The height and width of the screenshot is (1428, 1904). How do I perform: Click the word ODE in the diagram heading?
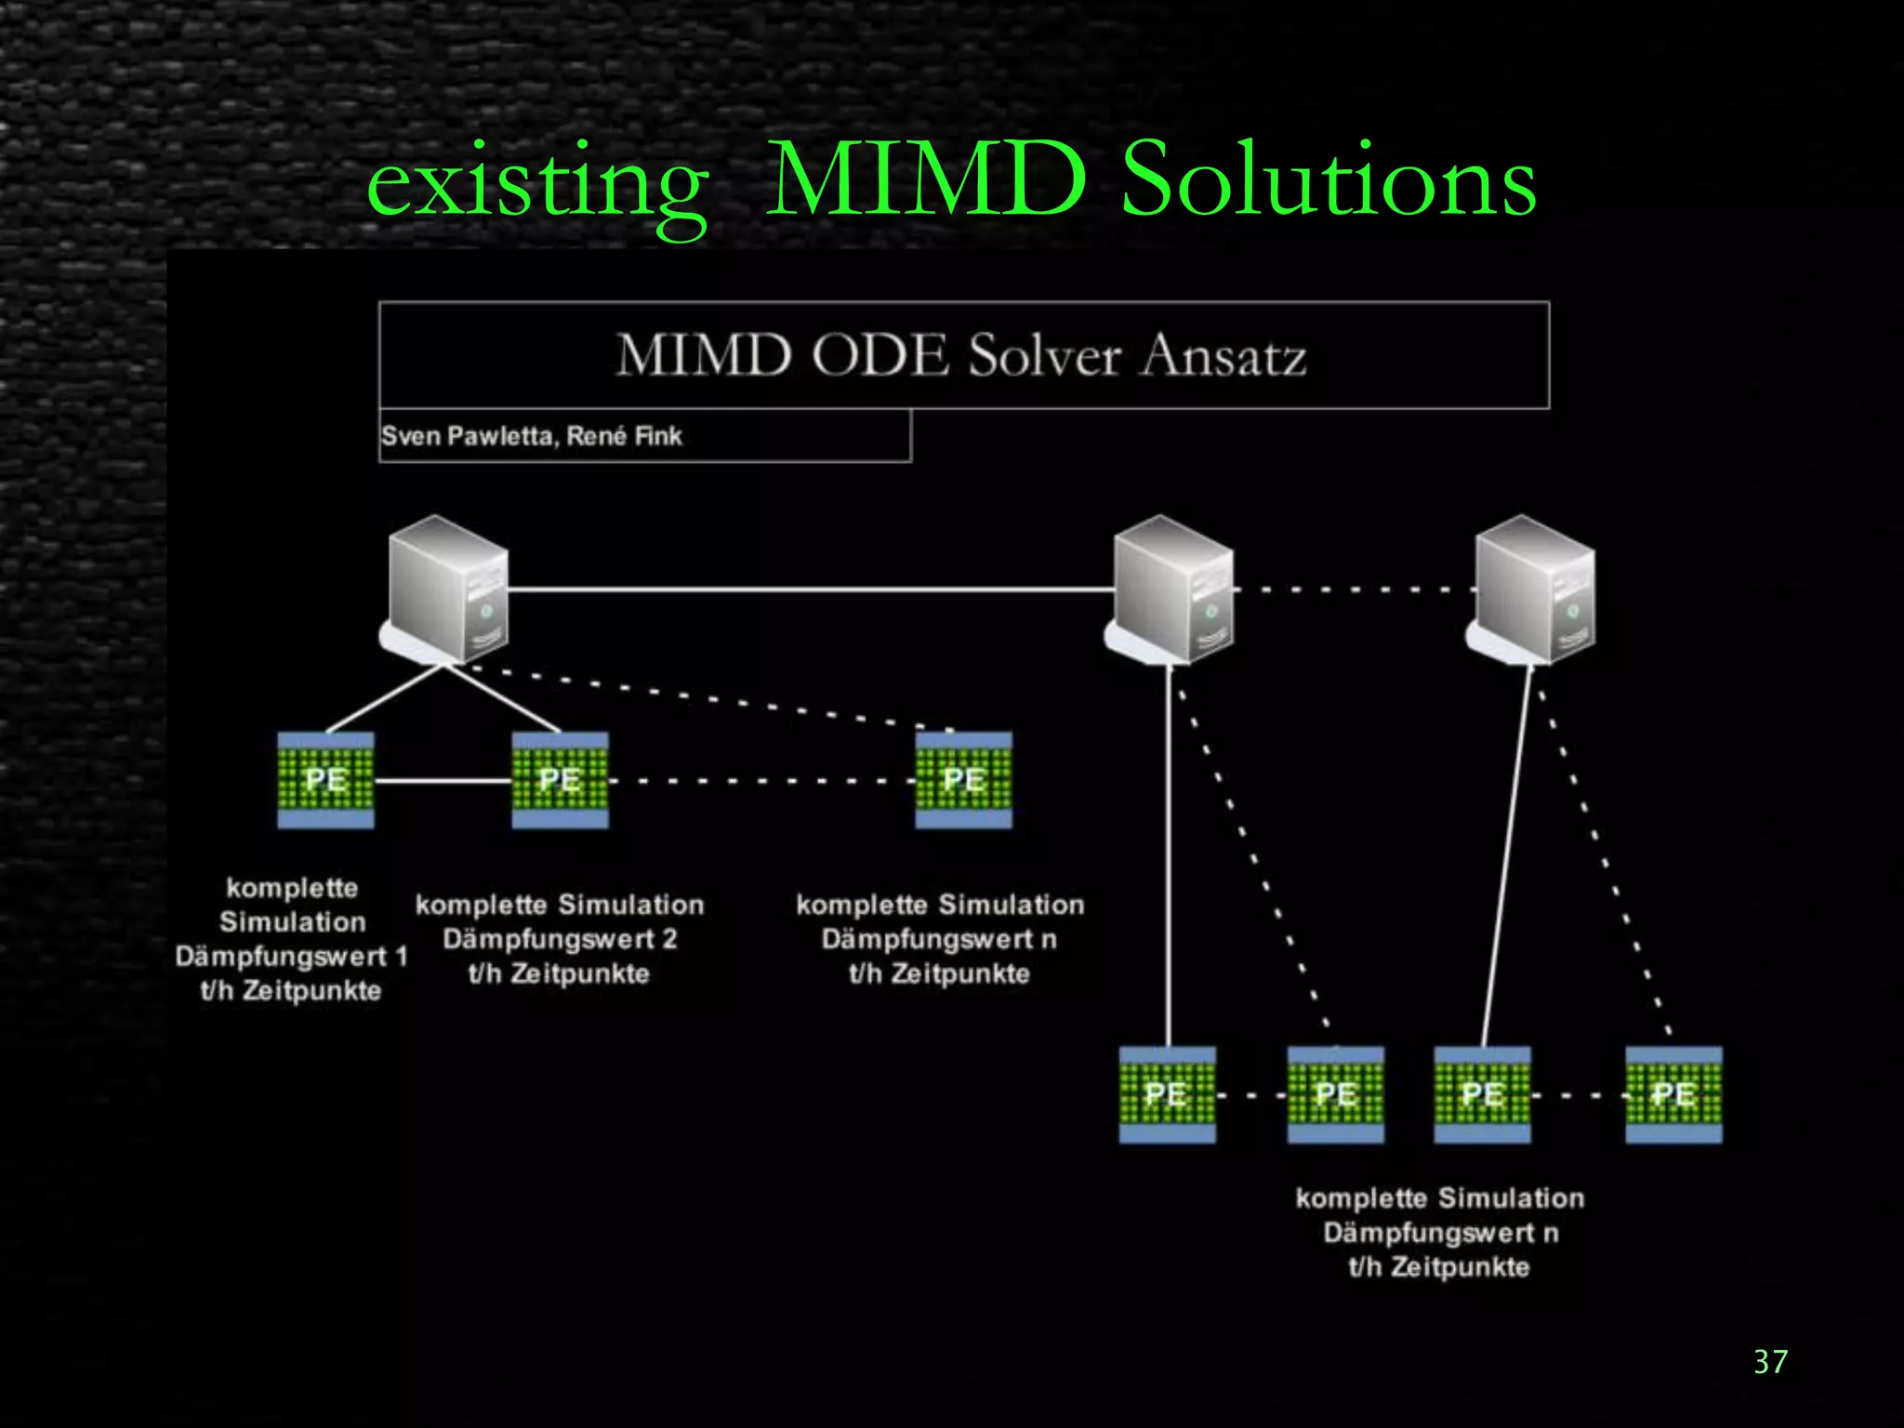pyautogui.click(x=879, y=355)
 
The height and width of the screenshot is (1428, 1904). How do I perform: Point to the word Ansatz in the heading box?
pyautogui.click(x=1223, y=355)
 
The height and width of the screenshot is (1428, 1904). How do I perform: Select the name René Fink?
pyautogui.click(x=625, y=436)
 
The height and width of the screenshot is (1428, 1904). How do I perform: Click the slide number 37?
pyautogui.click(x=1770, y=1362)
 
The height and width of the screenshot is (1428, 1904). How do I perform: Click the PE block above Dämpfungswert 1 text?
pyautogui.click(x=325, y=779)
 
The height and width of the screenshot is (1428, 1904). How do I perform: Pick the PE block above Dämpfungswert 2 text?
pyautogui.click(x=560, y=779)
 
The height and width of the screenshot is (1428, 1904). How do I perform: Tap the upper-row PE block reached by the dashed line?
pyautogui.click(x=963, y=779)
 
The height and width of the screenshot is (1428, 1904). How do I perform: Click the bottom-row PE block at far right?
pyautogui.click(x=1673, y=1094)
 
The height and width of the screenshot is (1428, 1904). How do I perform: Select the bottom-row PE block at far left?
pyautogui.click(x=1167, y=1094)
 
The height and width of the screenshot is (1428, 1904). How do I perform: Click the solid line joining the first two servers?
pyautogui.click(x=809, y=589)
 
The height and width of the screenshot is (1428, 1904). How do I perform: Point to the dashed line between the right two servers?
pyautogui.click(x=1354, y=589)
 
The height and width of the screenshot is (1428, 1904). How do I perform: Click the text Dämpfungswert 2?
pyautogui.click(x=560, y=939)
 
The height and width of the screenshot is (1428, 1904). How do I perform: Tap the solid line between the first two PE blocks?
pyautogui.click(x=443, y=781)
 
